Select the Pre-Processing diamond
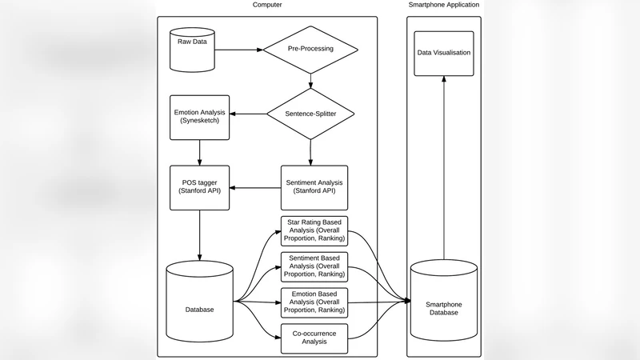click(x=310, y=50)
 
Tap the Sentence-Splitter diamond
click(x=310, y=114)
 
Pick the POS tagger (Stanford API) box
click(x=199, y=187)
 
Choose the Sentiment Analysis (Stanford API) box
click(x=310, y=187)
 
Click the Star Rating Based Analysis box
click(x=314, y=232)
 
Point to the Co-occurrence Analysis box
click(x=314, y=338)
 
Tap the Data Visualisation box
click(x=444, y=54)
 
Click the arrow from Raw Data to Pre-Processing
click(x=240, y=50)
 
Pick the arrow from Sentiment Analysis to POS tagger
click(x=254, y=188)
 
